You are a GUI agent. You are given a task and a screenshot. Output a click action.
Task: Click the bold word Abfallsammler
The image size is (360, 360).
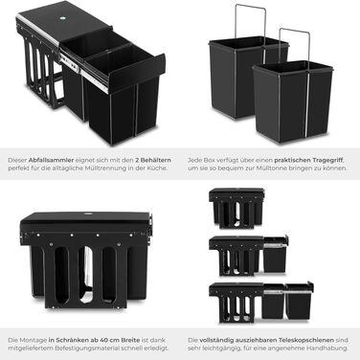(51, 160)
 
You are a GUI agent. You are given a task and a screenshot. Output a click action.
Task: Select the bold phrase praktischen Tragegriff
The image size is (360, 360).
(306, 160)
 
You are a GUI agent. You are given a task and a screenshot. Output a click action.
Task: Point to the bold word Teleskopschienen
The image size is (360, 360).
(306, 340)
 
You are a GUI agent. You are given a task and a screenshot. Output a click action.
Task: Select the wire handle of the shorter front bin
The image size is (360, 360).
(294, 45)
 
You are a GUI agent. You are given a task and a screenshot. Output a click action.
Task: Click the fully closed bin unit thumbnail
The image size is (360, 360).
(236, 208)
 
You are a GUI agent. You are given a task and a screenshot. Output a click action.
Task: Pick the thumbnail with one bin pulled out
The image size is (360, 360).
(249, 256)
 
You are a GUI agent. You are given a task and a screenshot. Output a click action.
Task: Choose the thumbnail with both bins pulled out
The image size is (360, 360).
(261, 302)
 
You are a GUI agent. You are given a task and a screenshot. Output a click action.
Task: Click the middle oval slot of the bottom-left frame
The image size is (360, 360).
(85, 274)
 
